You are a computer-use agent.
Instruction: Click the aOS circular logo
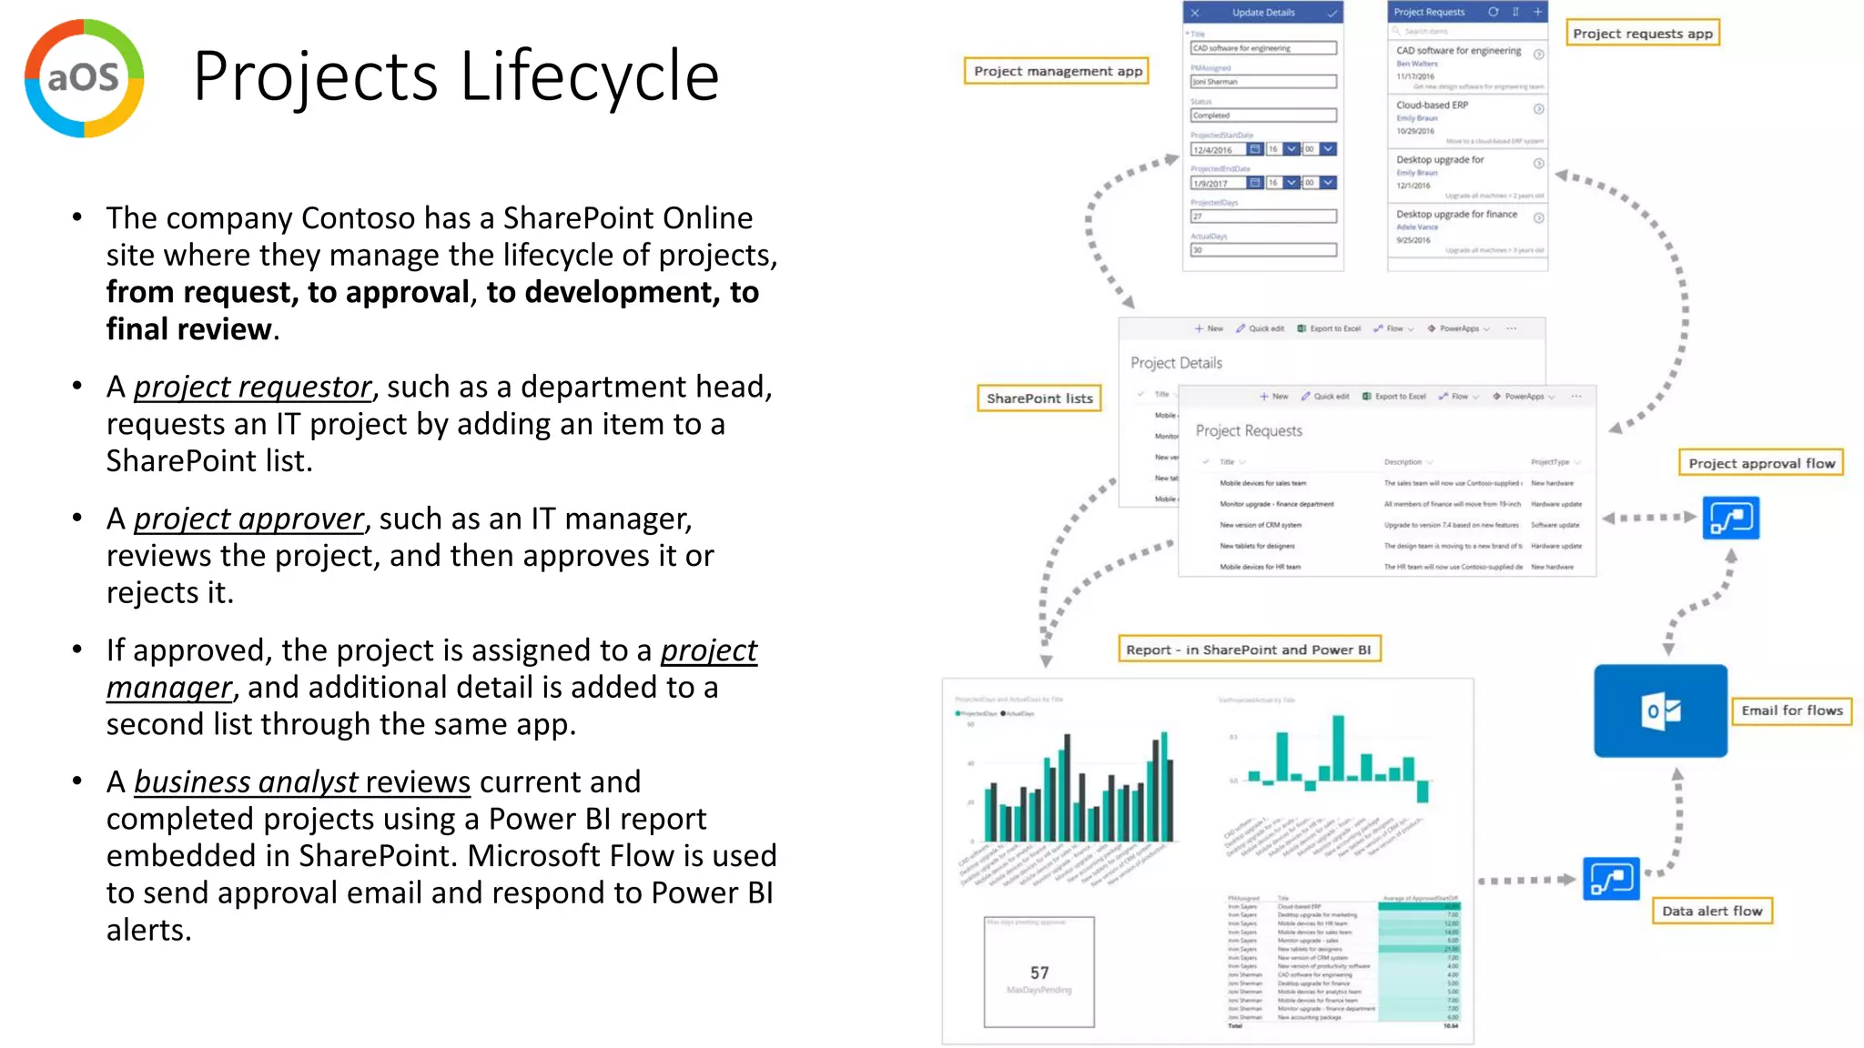[x=84, y=78]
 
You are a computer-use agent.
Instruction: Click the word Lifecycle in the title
[x=590, y=76]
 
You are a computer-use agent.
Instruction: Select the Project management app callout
[x=1057, y=71]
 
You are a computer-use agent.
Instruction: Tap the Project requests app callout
[x=1642, y=34]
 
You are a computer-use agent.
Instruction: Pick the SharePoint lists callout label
[x=1039, y=398]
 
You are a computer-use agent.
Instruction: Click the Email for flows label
[x=1791, y=710]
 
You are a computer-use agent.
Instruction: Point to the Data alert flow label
[x=1712, y=911]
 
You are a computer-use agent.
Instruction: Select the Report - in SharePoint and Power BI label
[x=1248, y=650]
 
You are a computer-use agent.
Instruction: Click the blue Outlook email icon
[x=1660, y=710]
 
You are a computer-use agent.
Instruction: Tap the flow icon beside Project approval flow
[x=1730, y=519]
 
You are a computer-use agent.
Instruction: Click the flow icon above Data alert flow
[x=1611, y=879]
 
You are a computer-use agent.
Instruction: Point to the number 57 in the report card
[x=1039, y=972]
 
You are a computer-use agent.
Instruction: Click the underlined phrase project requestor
[x=253, y=388]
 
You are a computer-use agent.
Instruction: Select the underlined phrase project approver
[x=248, y=519]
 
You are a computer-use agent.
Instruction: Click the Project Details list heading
[x=1176, y=363]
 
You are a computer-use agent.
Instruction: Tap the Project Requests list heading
[x=1249, y=431]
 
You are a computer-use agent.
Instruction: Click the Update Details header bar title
[x=1263, y=13]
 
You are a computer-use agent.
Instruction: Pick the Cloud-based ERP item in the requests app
[x=1432, y=106]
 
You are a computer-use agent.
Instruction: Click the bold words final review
[x=189, y=329]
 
